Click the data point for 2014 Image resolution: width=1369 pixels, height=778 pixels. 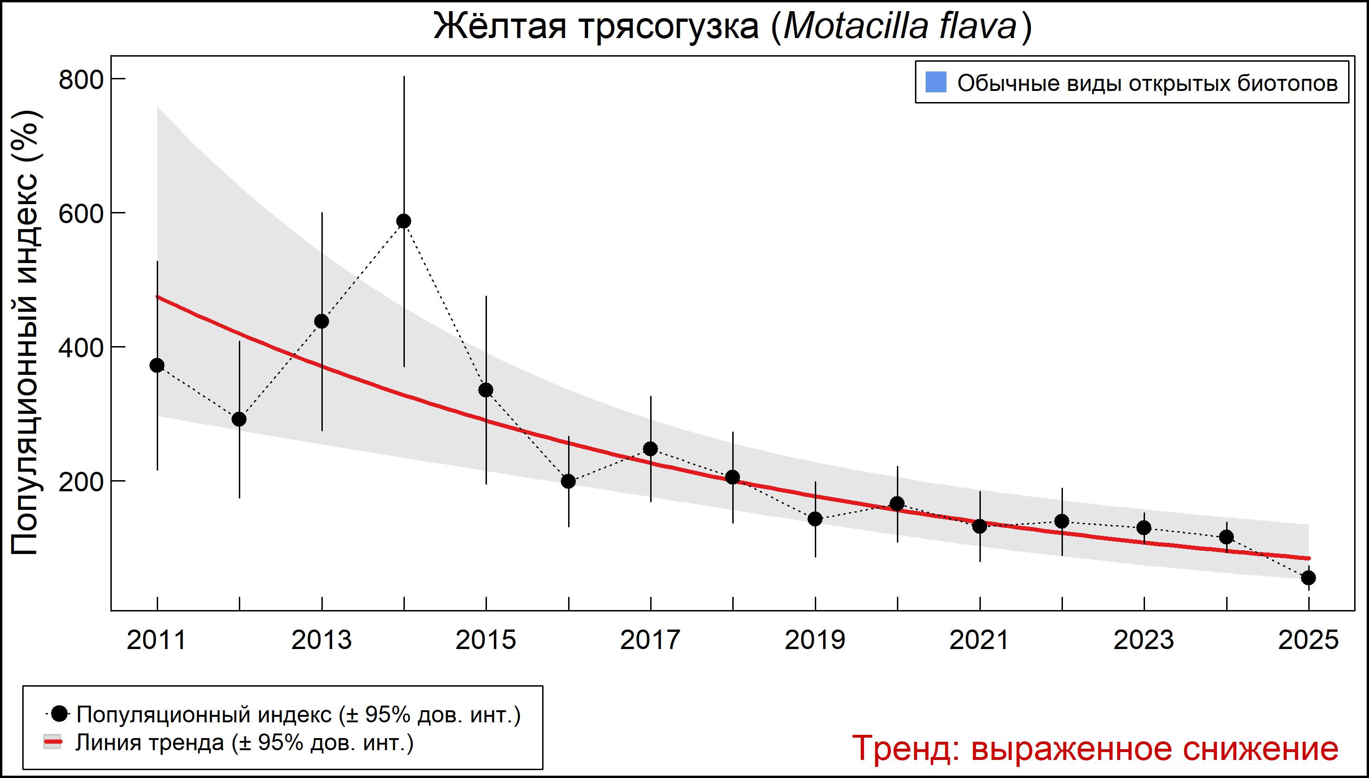tap(404, 221)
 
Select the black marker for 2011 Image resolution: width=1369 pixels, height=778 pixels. tap(157, 366)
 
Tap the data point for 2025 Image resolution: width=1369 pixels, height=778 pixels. tap(1309, 578)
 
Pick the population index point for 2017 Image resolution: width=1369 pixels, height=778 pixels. tap(651, 449)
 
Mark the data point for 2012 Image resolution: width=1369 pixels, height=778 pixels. tap(239, 419)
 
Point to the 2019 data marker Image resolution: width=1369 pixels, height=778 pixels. tap(815, 519)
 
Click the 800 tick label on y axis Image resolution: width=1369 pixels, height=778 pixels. tap(81, 80)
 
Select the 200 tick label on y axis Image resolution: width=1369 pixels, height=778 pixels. tap(81, 482)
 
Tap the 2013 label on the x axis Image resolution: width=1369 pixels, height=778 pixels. tap(321, 640)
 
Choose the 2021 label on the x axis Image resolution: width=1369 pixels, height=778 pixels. tap(979, 640)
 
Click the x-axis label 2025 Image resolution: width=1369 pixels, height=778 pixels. tap(1309, 640)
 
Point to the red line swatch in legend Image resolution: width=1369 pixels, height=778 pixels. tap(53, 742)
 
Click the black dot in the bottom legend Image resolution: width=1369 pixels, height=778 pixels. tap(60, 714)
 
